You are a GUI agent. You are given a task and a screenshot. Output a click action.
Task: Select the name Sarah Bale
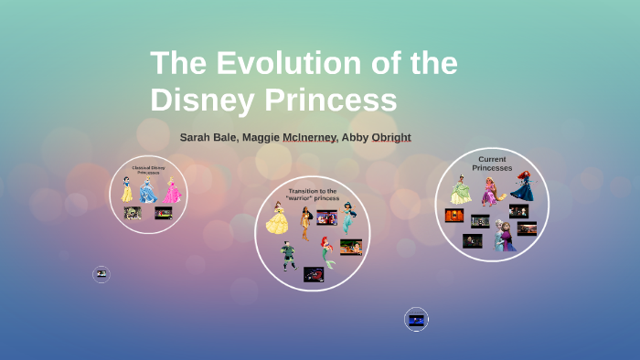(x=208, y=137)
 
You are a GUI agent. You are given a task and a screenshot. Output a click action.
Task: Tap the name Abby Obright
(x=376, y=137)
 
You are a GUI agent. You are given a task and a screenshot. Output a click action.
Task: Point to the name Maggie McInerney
(x=288, y=137)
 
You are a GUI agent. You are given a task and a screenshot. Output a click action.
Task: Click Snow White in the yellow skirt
(x=127, y=189)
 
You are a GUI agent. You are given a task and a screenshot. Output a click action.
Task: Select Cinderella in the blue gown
(x=148, y=189)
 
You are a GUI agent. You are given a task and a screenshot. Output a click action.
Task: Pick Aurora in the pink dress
(x=172, y=190)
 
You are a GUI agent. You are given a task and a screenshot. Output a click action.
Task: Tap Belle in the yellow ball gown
(x=276, y=218)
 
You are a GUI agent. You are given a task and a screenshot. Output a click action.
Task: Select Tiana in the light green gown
(x=461, y=189)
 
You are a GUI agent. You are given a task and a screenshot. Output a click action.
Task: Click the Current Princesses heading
(x=492, y=163)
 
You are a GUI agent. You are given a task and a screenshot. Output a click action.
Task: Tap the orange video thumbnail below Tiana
(x=454, y=216)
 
